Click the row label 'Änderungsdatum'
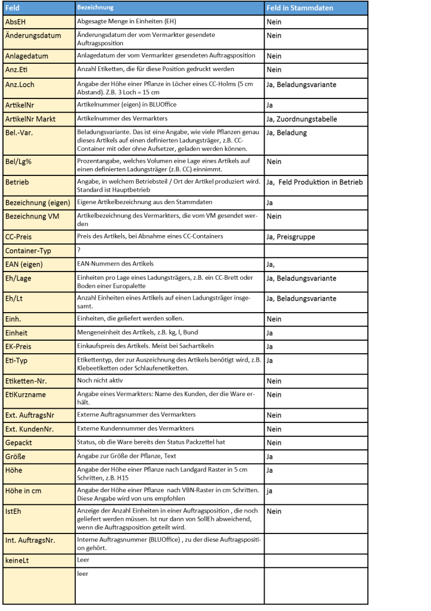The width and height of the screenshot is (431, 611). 34,36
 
